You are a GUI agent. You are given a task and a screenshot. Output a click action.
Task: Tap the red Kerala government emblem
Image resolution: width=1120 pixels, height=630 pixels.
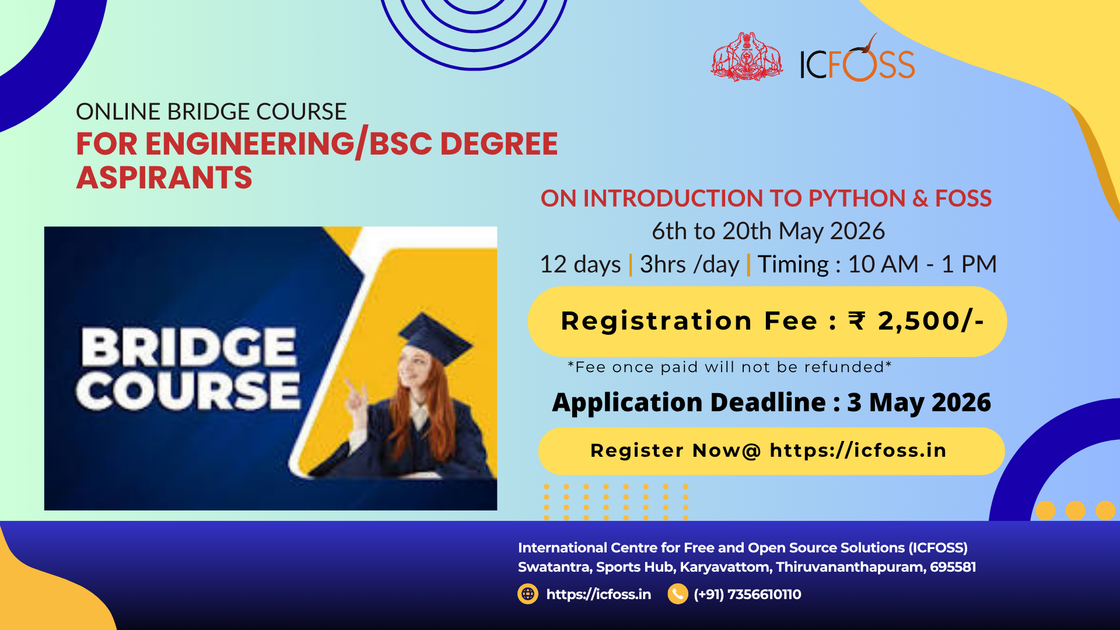pyautogui.click(x=747, y=57)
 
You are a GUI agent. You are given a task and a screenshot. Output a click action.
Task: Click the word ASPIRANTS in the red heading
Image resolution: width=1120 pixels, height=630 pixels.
pyautogui.click(x=164, y=178)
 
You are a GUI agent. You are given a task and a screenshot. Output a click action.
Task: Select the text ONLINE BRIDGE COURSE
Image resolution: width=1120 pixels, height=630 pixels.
pyautogui.click(x=211, y=111)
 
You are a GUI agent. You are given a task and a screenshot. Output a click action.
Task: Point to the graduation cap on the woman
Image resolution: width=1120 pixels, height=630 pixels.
pyautogui.click(x=434, y=337)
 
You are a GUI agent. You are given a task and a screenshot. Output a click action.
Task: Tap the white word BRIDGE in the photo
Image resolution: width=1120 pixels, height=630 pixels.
pyautogui.click(x=188, y=347)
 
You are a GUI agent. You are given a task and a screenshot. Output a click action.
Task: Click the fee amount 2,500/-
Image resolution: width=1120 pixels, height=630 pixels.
pyautogui.click(x=931, y=321)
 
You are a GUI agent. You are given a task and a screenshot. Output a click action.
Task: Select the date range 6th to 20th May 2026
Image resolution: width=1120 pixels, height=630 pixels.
pyautogui.click(x=768, y=231)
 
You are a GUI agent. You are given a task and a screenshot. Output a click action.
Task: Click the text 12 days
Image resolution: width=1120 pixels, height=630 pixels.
pyautogui.click(x=580, y=264)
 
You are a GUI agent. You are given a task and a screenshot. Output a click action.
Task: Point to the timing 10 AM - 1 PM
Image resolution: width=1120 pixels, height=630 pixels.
pyautogui.click(x=922, y=264)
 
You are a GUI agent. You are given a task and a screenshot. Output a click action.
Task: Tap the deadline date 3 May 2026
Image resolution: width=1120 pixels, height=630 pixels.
pyautogui.click(x=919, y=402)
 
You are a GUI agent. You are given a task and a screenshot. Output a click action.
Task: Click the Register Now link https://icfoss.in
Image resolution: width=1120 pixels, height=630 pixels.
pyautogui.click(x=857, y=450)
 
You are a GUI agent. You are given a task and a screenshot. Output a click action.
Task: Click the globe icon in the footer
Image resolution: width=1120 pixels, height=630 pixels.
pyautogui.click(x=528, y=594)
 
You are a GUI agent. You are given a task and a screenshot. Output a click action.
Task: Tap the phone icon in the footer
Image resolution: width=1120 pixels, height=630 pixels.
pyautogui.click(x=678, y=594)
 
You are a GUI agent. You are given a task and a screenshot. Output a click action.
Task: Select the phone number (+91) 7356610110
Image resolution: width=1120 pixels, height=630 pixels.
pyautogui.click(x=747, y=594)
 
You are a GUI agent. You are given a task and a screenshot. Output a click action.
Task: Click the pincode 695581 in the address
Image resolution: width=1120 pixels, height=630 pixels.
pyautogui.click(x=953, y=567)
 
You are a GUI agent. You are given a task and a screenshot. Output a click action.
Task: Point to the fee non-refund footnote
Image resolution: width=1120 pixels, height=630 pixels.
pyautogui.click(x=730, y=367)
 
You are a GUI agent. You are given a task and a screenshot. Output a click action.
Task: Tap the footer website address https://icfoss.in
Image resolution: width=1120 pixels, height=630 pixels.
pyautogui.click(x=598, y=594)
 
